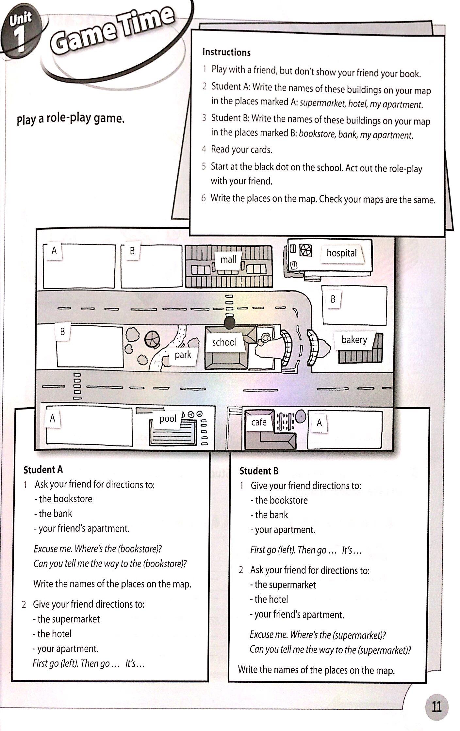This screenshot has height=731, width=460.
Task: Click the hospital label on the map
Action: pos(341,253)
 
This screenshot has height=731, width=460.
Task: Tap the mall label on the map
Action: pos(228,259)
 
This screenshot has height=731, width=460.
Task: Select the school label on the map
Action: pos(224,342)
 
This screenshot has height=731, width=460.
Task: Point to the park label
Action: pos(183,355)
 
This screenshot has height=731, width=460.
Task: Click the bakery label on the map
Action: pos(354,340)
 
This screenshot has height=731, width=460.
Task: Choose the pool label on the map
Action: pos(168,419)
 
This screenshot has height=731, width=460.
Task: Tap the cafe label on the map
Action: pos(259,422)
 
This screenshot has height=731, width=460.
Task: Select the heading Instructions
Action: pos(226,52)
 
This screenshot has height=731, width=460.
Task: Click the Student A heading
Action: pos(43,470)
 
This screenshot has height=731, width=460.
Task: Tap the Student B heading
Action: pos(259,471)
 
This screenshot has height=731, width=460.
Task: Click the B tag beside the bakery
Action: pos(333,299)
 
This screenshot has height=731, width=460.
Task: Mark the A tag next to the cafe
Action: pos(319,423)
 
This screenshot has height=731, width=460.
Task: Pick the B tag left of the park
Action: pos(62,332)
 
